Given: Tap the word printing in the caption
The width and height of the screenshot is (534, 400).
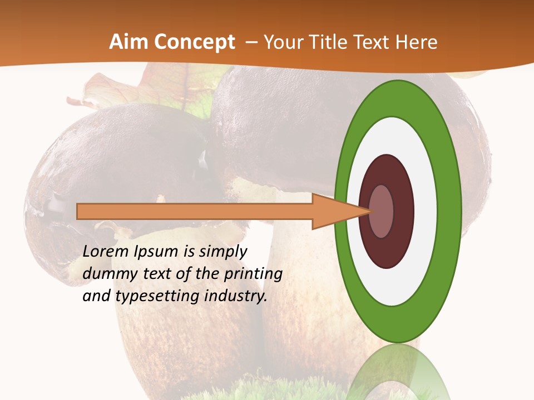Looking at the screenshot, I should coord(253,274).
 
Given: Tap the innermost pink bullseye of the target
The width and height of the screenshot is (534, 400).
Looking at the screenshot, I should coord(382,211).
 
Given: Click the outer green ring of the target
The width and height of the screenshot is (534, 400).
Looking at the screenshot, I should coord(451,211).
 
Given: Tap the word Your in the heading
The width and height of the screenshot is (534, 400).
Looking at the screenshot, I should coord(282,42).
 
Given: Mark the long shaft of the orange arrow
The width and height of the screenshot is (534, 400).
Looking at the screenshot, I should coord(195,212).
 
